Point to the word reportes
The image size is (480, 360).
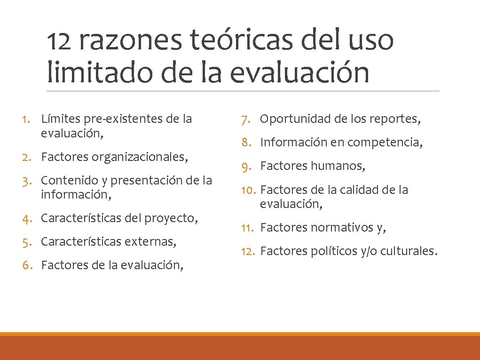pos(399,119)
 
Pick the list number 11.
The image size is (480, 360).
pos(247,228)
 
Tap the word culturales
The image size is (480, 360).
pos(409,251)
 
